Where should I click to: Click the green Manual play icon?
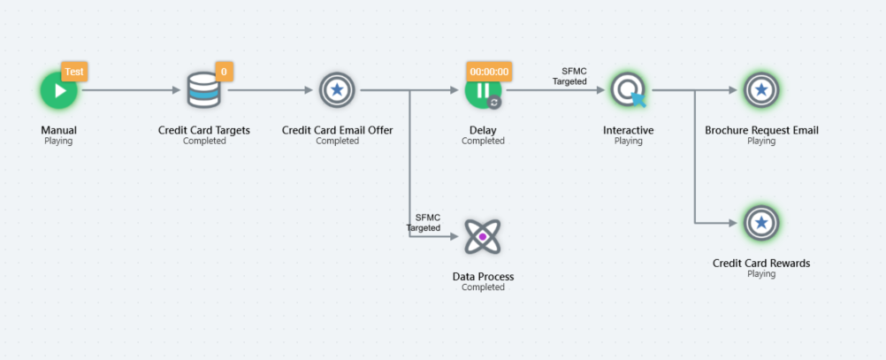(58, 90)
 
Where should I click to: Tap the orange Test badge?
(75, 72)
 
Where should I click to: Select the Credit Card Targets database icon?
(204, 90)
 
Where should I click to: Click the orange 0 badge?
(224, 72)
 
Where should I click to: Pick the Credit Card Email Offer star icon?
(337, 90)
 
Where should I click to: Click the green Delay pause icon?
(483, 90)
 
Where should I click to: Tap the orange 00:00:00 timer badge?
(489, 72)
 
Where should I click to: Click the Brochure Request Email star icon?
(761, 90)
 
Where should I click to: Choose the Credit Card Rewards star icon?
(761, 223)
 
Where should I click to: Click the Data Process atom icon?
(483, 237)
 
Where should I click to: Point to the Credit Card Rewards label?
(761, 263)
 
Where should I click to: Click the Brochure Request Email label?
(761, 130)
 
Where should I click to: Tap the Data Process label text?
(483, 277)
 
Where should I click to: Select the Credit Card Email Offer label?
(337, 130)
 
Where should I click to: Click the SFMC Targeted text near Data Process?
(425, 222)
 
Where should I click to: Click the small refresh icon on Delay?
(494, 102)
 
